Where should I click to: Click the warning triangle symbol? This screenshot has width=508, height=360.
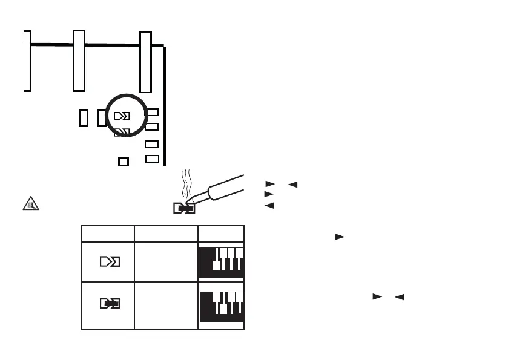pos(30,203)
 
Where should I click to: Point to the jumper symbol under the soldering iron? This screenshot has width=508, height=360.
pos(183,209)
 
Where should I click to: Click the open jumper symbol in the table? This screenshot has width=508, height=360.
pos(109,261)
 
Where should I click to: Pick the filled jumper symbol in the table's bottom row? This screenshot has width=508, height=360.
pos(109,303)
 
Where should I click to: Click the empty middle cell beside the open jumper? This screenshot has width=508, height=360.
pos(166,261)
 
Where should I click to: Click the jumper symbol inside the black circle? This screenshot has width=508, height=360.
pos(122,116)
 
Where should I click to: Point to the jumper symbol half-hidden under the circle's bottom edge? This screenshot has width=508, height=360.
pos(122,131)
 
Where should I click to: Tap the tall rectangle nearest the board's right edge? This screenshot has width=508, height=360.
pos(145,62)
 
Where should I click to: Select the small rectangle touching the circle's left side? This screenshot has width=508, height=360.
pos(101,117)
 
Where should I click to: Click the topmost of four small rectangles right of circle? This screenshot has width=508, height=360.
pos(153,112)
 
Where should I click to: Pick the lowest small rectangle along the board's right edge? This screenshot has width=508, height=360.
pos(152,159)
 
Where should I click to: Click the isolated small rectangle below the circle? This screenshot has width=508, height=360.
pos(124,162)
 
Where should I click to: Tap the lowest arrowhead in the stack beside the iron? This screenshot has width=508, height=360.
pos(269,206)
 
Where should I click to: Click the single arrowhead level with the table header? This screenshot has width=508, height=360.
pos(339,236)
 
